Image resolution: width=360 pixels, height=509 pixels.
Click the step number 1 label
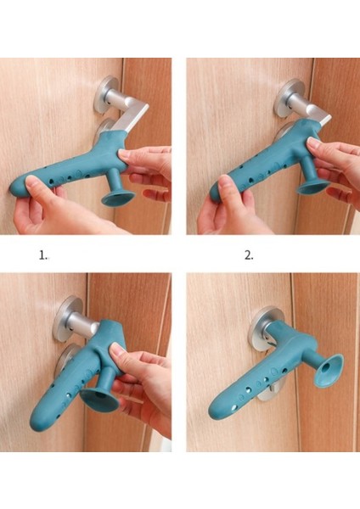pyautogui.click(x=43, y=255)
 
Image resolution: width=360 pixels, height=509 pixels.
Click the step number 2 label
pyautogui.click(x=249, y=255)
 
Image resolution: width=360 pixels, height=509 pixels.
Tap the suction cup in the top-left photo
pyautogui.click(x=118, y=198)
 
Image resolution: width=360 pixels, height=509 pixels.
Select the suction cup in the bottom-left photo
pyautogui.click(x=99, y=402)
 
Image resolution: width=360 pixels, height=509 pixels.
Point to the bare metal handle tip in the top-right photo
pyautogui.click(x=323, y=120)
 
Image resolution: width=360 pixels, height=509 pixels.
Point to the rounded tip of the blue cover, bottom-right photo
pyautogui.click(x=216, y=410)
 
